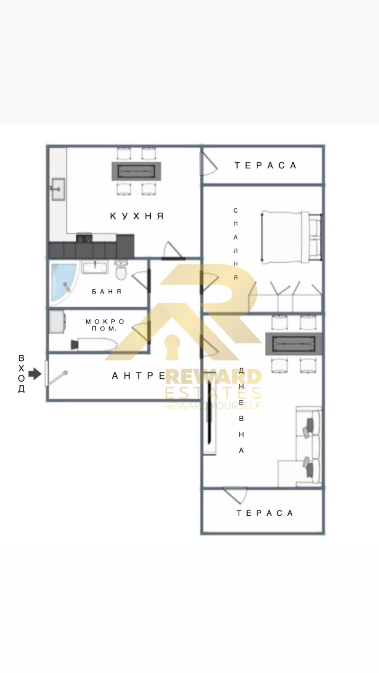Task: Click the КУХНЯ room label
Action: coord(137,216)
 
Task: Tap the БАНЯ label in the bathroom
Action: coord(107,292)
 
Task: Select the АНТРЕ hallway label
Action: coord(139,376)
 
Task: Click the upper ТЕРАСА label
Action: coord(265,165)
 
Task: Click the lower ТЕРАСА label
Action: coord(265,513)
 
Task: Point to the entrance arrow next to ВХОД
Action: coord(35,374)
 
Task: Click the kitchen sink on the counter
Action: coord(58,189)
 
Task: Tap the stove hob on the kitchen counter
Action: coord(84,239)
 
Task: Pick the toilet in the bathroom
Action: coord(121,270)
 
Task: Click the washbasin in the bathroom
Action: coord(96,267)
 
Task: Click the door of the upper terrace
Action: coord(208,163)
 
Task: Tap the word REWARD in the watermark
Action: coord(213,377)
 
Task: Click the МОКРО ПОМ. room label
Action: coord(105,325)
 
